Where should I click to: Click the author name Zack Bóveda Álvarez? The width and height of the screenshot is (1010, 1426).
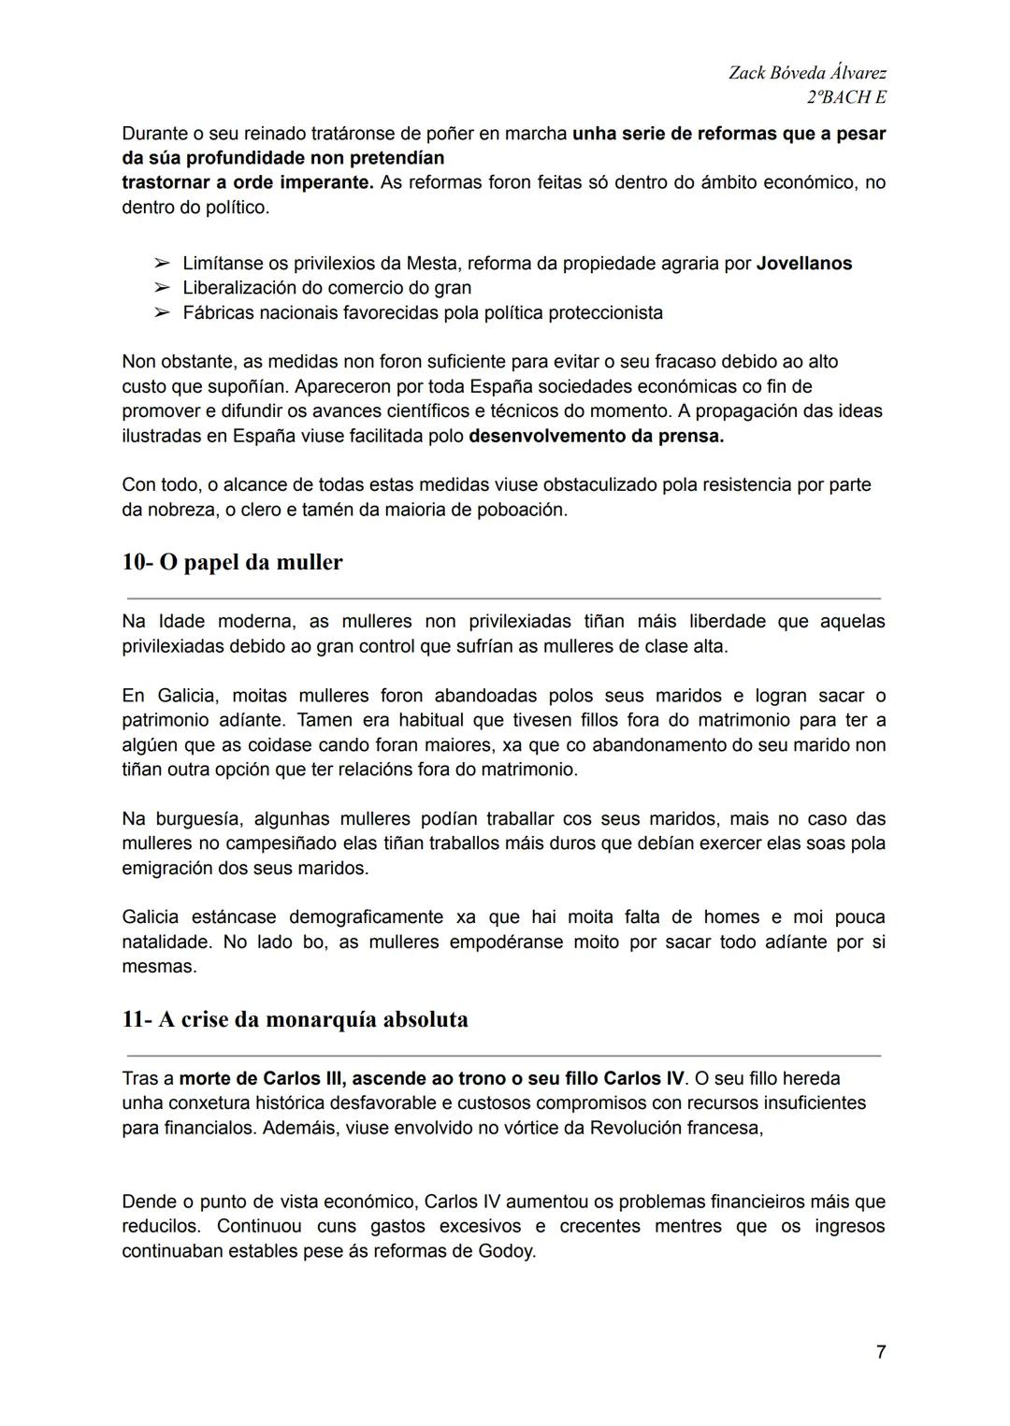click(x=807, y=73)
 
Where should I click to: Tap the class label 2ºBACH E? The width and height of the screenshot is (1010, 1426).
click(x=845, y=97)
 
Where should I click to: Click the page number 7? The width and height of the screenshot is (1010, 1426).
click(x=880, y=1352)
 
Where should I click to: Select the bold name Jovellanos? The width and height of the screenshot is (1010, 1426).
click(x=803, y=264)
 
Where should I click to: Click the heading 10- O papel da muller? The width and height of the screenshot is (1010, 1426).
click(x=232, y=562)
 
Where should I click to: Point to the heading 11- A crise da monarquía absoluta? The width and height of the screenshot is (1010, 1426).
click(x=295, y=1019)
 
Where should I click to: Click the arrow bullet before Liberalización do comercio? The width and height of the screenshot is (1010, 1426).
click(x=162, y=288)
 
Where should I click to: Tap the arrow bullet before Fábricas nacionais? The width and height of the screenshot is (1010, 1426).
click(x=162, y=312)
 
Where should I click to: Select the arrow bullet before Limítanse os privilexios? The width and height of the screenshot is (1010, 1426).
click(x=162, y=264)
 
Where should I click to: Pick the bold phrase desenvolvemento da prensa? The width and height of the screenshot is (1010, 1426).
click(x=596, y=436)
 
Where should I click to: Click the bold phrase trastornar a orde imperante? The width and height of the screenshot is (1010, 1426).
click(x=247, y=182)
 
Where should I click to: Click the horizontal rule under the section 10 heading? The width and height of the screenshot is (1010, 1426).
click(x=503, y=598)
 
